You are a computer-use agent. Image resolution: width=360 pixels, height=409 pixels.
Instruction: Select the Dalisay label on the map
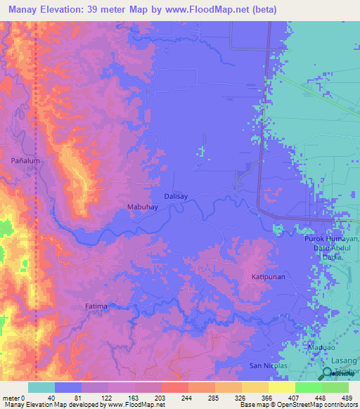(x=177, y=197)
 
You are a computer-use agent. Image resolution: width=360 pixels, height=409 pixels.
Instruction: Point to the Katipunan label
(x=268, y=278)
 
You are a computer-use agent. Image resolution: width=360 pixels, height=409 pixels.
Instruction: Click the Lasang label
(x=328, y=360)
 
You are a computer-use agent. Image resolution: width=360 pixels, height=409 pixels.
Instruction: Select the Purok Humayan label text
(x=331, y=240)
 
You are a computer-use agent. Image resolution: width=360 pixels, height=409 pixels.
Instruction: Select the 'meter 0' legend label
(x=13, y=397)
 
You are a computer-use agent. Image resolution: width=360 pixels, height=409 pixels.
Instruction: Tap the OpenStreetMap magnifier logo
(x=328, y=372)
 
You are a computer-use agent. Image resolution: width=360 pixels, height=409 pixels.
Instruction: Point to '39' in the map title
(x=98, y=9)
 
